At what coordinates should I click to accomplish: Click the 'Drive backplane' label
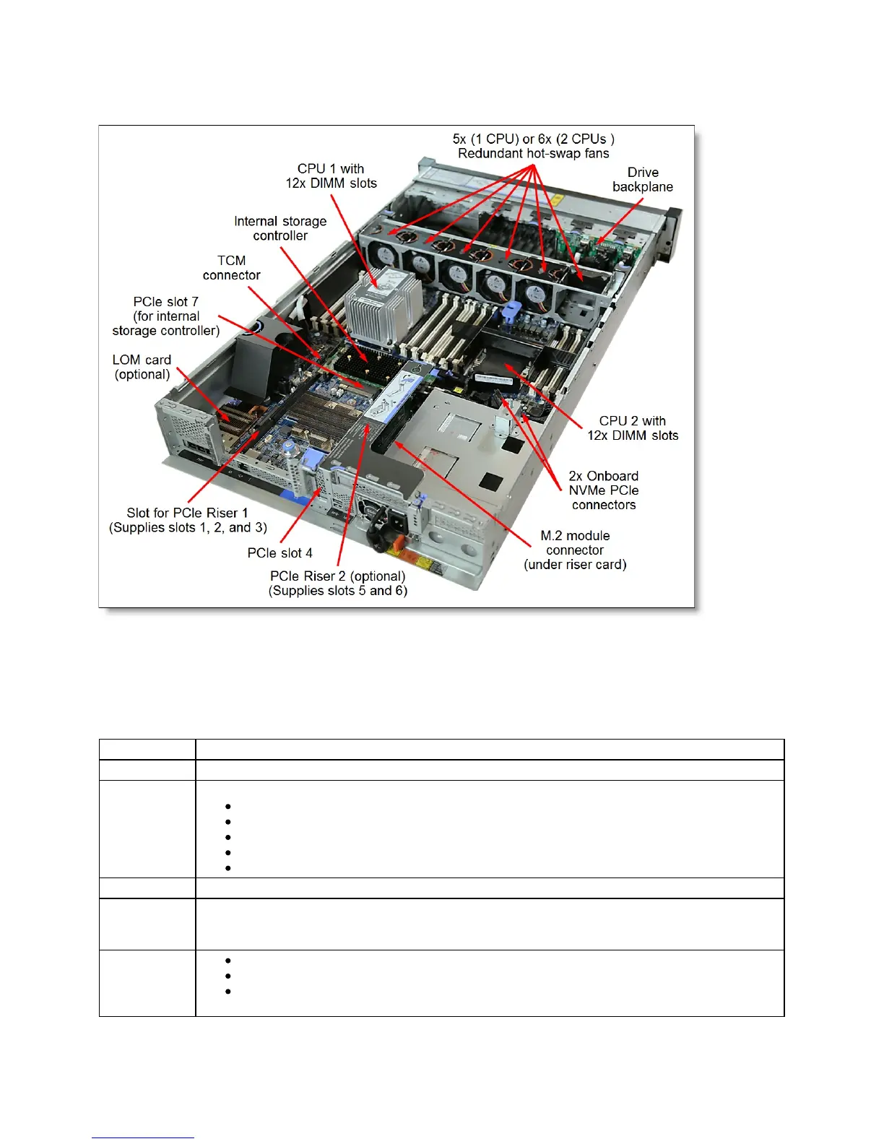point(642,180)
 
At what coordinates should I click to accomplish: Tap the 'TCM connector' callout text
point(231,268)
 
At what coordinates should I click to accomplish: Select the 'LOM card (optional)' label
point(142,367)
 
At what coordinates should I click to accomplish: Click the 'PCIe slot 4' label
point(279,553)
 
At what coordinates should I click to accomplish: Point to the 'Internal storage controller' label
point(280,228)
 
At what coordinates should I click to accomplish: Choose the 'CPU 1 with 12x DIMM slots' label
point(331,176)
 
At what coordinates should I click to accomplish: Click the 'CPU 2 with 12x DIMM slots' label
point(633,428)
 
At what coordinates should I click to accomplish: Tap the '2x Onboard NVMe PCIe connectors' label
point(604,490)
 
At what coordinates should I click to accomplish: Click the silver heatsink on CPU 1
point(383,304)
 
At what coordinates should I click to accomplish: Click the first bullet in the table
point(228,807)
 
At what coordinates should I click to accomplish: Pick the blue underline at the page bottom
point(143,1138)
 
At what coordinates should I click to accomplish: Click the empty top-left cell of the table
point(147,750)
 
